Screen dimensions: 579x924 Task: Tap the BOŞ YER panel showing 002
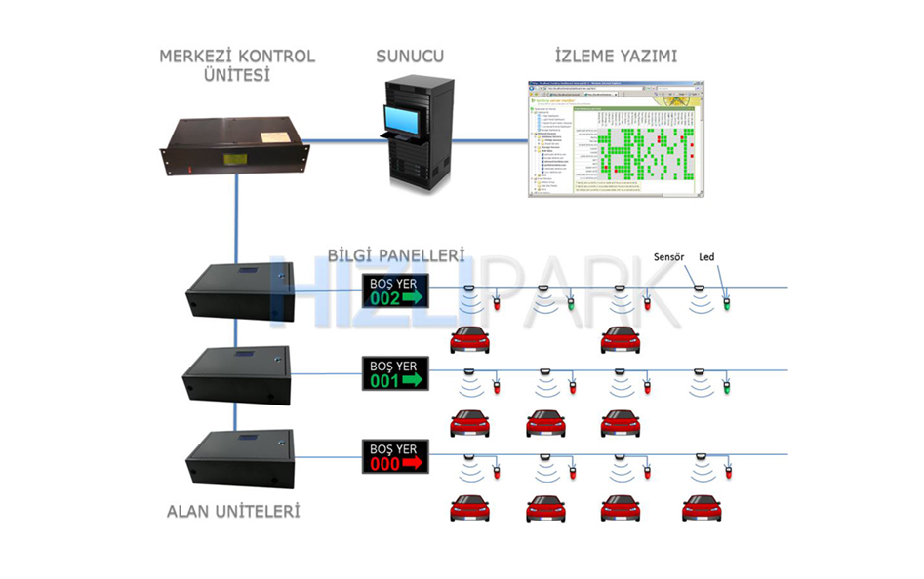point(395,290)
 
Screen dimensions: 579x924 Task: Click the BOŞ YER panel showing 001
point(395,374)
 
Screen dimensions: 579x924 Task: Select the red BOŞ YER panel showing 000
point(395,456)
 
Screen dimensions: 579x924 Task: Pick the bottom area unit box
point(238,459)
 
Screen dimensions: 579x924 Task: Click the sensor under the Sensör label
point(697,289)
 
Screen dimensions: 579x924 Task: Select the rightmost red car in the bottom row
point(701,509)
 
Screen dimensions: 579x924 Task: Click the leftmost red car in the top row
point(469,340)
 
